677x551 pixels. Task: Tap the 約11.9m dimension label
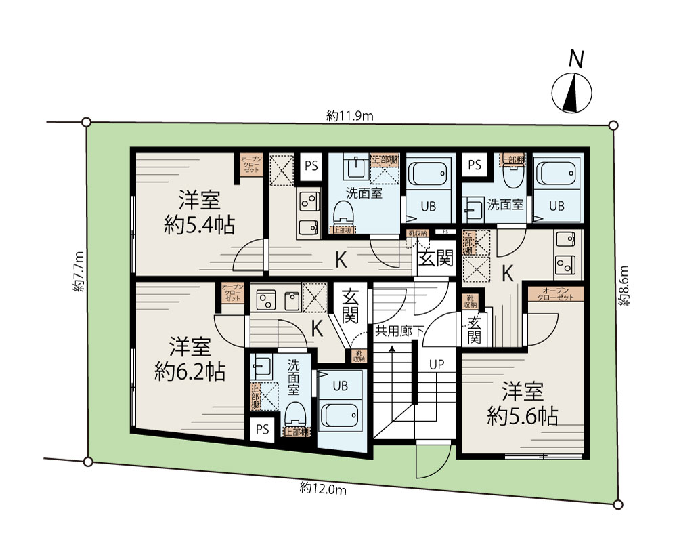350,116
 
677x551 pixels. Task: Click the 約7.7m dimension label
78,271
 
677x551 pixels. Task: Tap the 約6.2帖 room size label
190,371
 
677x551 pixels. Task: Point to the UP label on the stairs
436,365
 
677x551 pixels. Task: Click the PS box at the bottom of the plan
262,429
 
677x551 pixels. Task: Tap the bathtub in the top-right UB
556,176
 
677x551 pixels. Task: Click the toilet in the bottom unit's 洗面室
295,411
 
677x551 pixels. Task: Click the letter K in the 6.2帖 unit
317,327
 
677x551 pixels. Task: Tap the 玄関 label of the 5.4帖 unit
435,258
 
